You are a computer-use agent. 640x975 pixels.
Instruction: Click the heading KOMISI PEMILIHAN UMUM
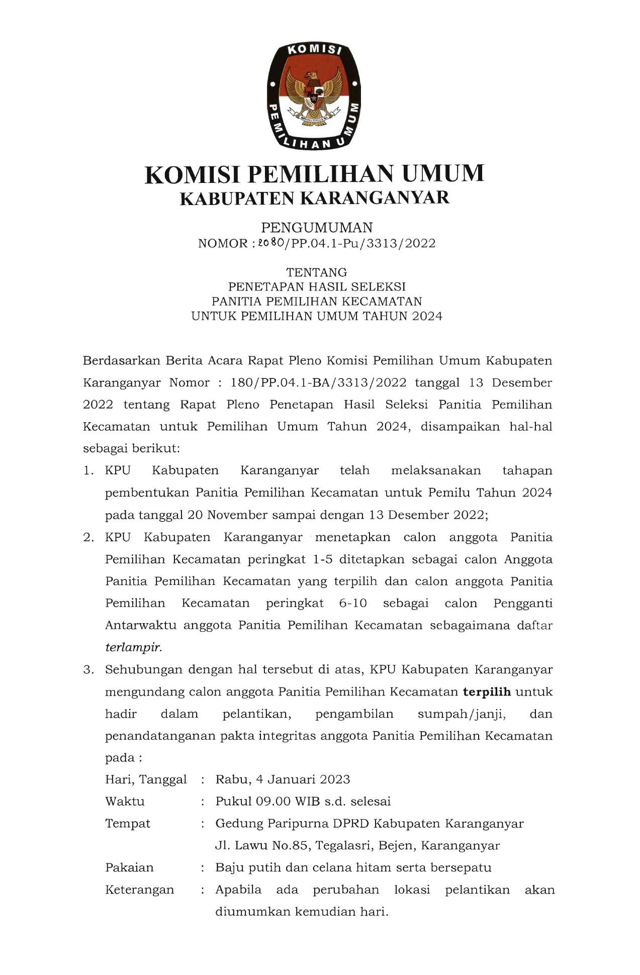tap(314, 174)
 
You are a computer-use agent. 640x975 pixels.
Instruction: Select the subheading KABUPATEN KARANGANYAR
tap(314, 198)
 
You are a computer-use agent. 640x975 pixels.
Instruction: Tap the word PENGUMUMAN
tap(317, 228)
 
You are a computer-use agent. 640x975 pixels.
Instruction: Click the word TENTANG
tap(317, 272)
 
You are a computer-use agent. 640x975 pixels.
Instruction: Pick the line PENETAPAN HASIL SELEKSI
tap(317, 287)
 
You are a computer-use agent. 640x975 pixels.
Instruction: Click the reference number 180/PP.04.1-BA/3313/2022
tap(318, 382)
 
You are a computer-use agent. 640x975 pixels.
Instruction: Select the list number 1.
tap(88, 471)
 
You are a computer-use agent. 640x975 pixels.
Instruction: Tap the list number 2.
tap(88, 537)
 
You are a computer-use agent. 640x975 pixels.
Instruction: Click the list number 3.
tap(88, 670)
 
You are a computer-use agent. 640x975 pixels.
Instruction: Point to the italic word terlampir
tap(133, 647)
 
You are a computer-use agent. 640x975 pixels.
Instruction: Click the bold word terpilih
tap(487, 692)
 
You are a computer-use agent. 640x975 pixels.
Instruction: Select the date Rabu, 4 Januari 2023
tap(283, 779)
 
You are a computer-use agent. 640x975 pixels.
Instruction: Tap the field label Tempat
tap(128, 824)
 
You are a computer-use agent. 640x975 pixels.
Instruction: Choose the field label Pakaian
tap(129, 868)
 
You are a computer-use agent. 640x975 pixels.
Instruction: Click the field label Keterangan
tap(140, 890)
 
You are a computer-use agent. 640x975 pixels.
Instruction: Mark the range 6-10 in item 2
tap(353, 603)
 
